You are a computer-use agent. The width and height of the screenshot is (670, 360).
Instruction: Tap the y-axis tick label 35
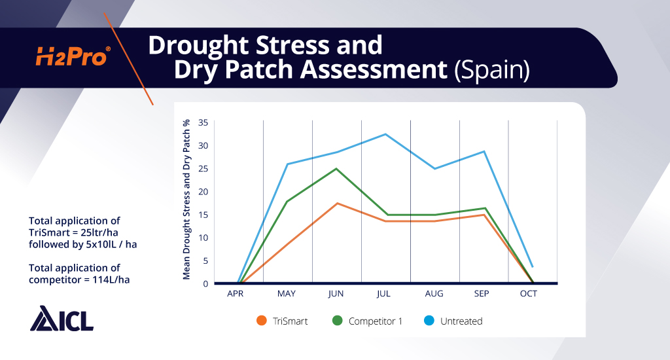pyautogui.click(x=203, y=122)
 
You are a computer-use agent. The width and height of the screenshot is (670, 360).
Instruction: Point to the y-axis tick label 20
pyautogui.click(x=203, y=191)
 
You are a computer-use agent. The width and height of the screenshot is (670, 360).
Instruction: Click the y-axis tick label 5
pyautogui.click(x=205, y=261)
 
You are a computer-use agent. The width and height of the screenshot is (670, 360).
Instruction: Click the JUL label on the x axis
pyautogui.click(x=383, y=294)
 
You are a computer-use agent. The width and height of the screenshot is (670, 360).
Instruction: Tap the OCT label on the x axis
pyautogui.click(x=529, y=294)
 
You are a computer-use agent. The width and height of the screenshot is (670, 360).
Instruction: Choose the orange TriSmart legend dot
pyautogui.click(x=262, y=321)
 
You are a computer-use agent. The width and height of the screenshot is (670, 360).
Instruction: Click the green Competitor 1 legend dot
pyautogui.click(x=338, y=321)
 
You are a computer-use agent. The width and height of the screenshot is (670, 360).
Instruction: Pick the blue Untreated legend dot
pyautogui.click(x=430, y=321)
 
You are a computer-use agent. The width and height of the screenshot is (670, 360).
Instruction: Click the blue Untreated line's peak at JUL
pyautogui.click(x=385, y=134)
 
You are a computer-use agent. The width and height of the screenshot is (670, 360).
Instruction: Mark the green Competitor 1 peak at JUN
pyautogui.click(x=336, y=168)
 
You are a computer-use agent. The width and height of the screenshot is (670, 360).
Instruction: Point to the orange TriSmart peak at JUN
pyautogui.click(x=336, y=203)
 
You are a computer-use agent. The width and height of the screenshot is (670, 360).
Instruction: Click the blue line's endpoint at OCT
pyautogui.click(x=533, y=266)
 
